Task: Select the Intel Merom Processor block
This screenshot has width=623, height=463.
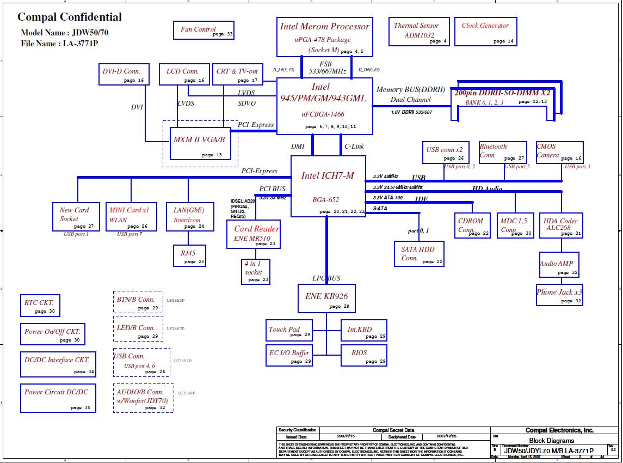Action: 325,36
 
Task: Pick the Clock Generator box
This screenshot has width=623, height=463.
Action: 485,32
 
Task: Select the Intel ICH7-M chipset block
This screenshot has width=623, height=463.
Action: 328,186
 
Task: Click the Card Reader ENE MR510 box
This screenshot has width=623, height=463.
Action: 254,234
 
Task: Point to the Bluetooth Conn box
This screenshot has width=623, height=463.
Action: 502,152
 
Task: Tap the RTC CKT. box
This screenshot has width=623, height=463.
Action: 40,306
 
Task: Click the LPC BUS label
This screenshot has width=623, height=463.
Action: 326,278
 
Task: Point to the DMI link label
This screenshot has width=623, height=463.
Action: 298,147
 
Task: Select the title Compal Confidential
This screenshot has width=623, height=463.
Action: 70,17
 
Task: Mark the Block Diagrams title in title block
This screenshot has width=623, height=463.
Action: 551,441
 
